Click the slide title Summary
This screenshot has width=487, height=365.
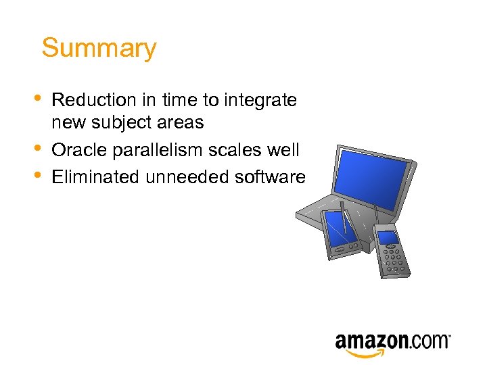pyautogui.click(x=99, y=49)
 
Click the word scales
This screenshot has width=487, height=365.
pyautogui.click(x=234, y=149)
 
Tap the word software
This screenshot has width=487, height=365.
pyautogui.click(x=269, y=177)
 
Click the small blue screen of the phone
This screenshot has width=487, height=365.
pyautogui.click(x=388, y=237)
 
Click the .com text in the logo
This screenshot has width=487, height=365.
pyautogui.click(x=429, y=341)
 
